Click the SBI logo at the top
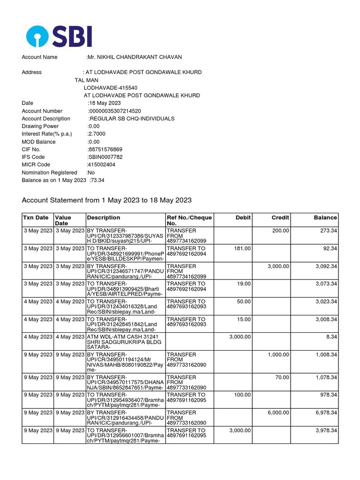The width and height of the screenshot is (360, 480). click(x=59, y=37)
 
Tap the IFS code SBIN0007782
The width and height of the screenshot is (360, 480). click(x=105, y=157)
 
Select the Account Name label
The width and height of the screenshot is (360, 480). click(x=40, y=57)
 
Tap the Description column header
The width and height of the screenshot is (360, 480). click(x=104, y=217)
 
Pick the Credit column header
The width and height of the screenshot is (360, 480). click(x=280, y=217)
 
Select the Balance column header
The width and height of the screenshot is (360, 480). click(x=325, y=217)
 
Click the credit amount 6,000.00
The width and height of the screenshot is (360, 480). click(x=278, y=412)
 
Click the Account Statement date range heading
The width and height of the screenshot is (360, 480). click(x=107, y=200)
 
